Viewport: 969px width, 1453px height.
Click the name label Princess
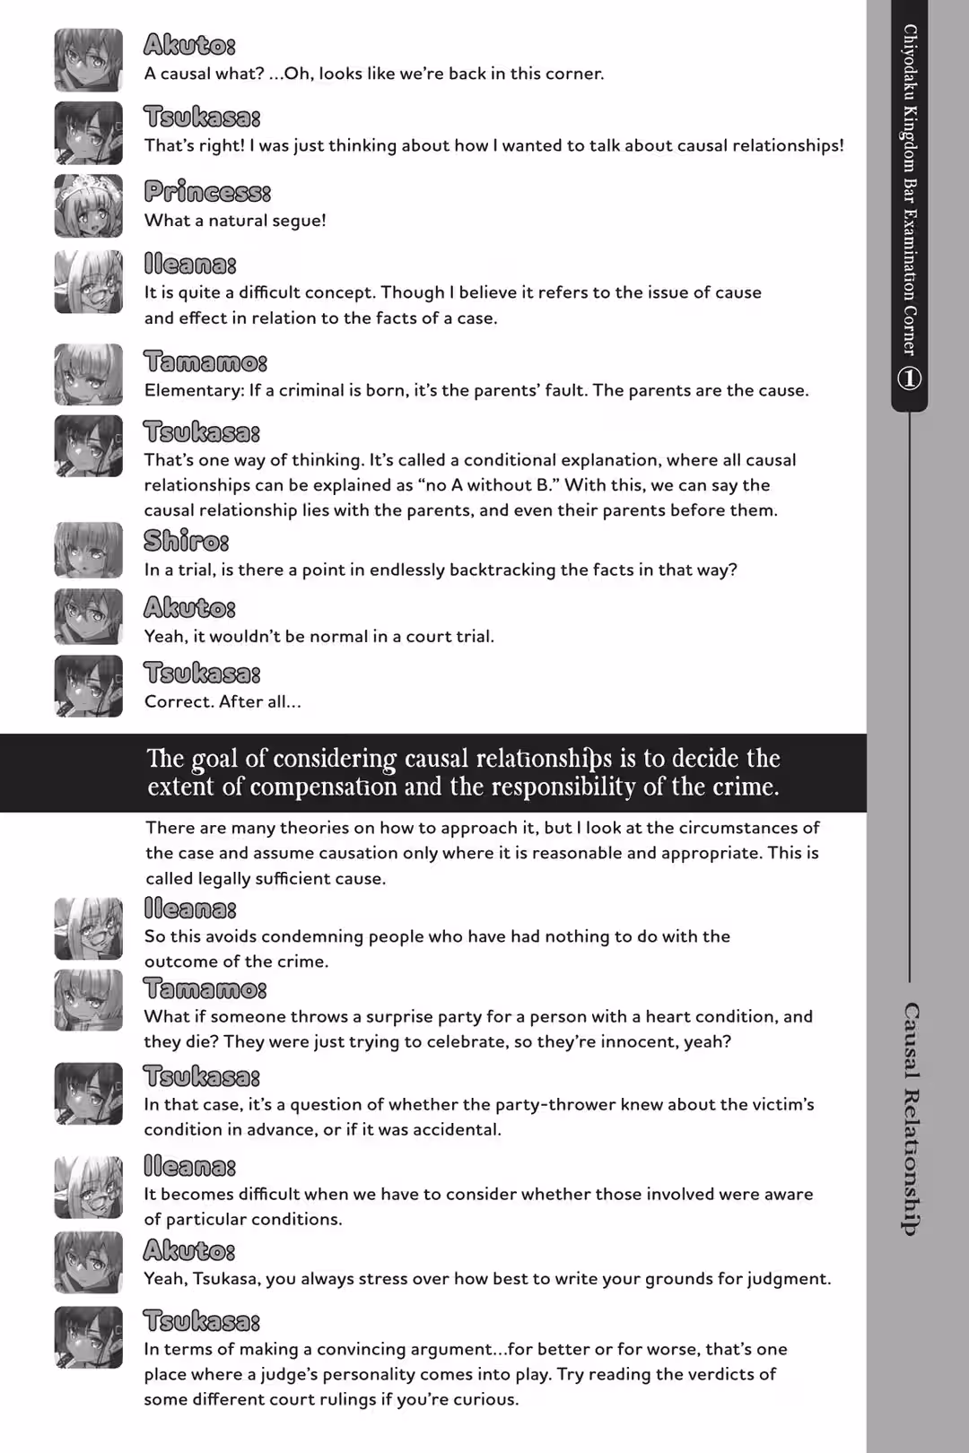coord(206,192)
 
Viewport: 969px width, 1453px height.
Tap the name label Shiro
coord(186,541)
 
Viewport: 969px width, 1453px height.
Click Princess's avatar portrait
coord(88,205)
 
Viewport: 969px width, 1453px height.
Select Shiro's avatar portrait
coord(88,550)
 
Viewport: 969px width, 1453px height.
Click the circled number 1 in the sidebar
coord(909,378)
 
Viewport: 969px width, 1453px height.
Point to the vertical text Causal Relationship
coord(910,1118)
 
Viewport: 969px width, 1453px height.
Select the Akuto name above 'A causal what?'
coord(189,45)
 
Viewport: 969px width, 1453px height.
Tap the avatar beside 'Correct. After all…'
coord(88,686)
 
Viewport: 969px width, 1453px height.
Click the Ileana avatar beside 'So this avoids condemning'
coord(88,928)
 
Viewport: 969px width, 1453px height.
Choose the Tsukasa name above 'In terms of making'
coord(201,1321)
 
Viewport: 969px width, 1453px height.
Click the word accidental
coord(454,1129)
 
